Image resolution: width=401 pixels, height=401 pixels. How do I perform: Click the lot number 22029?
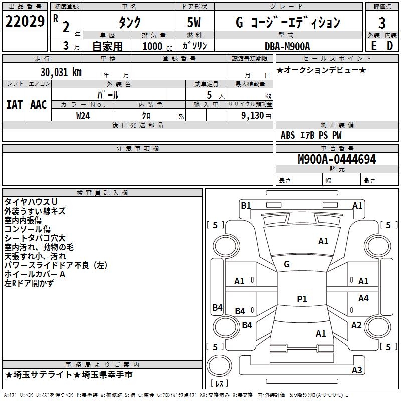point(25,22)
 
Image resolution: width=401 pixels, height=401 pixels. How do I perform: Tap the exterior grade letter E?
point(373,45)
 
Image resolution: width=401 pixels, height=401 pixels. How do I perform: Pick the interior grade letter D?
point(390,45)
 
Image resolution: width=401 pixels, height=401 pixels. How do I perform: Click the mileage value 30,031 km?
point(59,72)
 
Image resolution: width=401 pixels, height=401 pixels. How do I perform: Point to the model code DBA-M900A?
point(287,46)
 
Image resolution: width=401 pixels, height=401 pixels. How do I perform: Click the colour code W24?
point(83,115)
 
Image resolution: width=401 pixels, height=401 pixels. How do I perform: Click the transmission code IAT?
point(14,104)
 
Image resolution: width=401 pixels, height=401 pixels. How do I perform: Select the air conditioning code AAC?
point(39,104)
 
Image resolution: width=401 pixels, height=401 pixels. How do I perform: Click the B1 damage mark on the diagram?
point(246,205)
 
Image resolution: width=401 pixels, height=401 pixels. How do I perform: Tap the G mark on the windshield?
point(287,264)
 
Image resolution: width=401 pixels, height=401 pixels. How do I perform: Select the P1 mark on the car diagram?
point(302,299)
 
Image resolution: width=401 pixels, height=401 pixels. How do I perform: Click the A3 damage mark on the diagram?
point(357,370)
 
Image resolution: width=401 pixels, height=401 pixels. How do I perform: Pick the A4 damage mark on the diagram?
point(363,298)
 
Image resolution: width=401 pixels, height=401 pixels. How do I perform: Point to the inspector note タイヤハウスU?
point(30,202)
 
